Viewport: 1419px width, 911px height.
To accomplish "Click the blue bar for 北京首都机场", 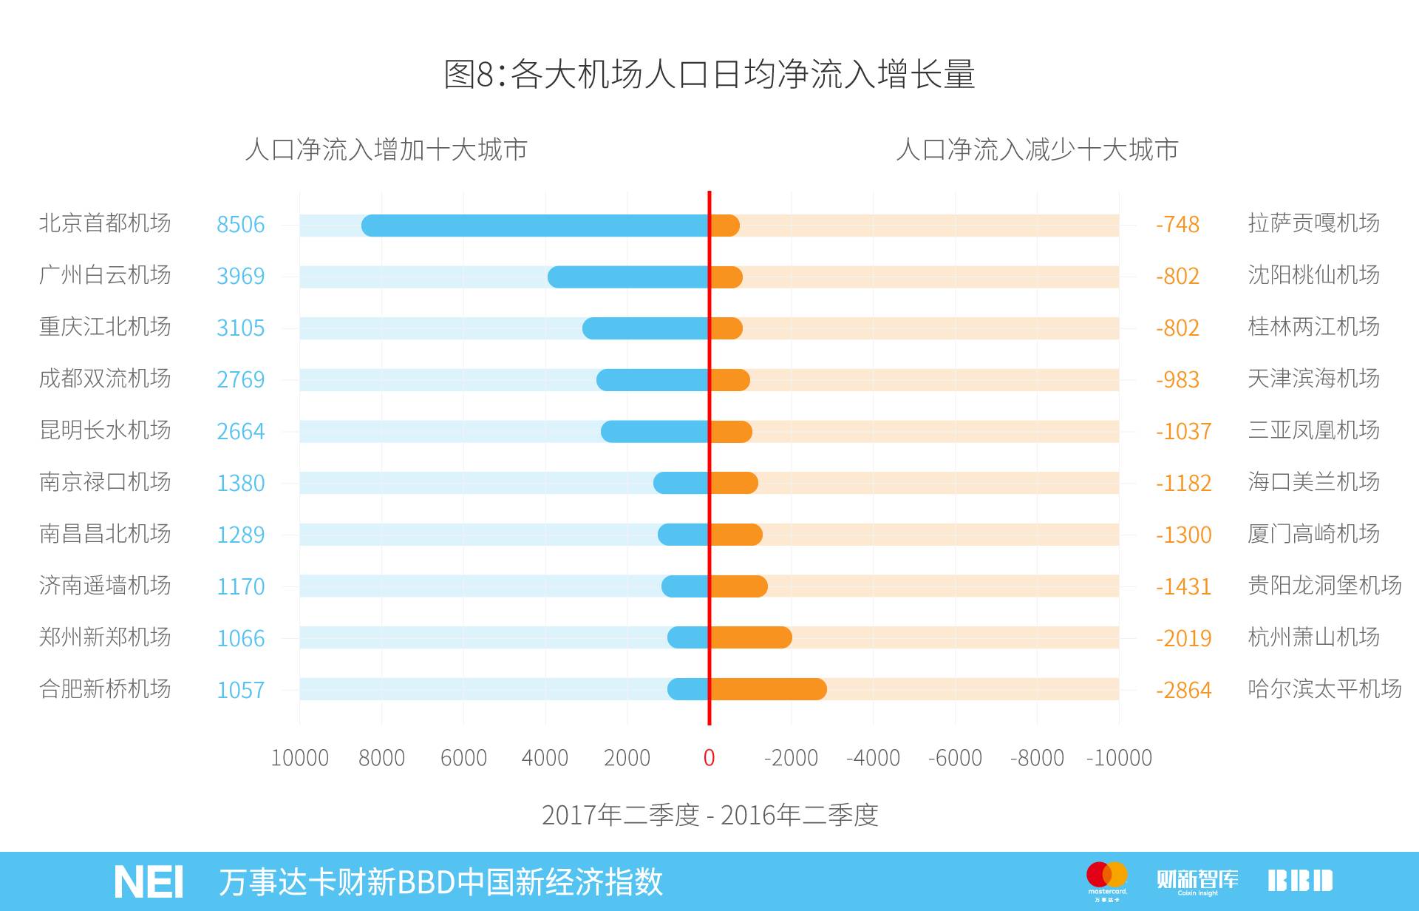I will click(535, 226).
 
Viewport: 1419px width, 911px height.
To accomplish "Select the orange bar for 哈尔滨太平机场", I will click(767, 689).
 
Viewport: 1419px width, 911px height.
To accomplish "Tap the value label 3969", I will click(240, 276).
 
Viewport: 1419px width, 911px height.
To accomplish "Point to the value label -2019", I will click(1183, 638).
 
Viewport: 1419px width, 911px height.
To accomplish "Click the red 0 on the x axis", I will click(709, 758).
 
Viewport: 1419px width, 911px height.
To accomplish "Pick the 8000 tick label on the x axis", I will click(381, 758).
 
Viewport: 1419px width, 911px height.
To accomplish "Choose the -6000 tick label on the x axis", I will click(955, 758).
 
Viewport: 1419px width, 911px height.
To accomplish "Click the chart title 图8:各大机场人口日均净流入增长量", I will click(709, 74).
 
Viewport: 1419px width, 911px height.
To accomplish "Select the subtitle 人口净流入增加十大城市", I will click(386, 149).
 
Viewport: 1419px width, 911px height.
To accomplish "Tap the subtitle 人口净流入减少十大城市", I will click(1036, 149).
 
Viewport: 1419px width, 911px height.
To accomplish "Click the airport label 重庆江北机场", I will click(105, 327).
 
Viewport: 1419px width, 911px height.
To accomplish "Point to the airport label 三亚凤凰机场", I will click(1313, 430).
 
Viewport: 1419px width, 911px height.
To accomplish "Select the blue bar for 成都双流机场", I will click(653, 380).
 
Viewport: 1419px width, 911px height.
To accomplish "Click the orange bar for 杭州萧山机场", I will click(750, 637).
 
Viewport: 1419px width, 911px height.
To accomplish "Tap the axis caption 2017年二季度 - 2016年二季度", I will click(709, 815).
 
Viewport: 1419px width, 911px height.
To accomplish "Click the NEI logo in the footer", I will click(149, 881).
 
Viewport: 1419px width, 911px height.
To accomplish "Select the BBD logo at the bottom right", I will click(1300, 880).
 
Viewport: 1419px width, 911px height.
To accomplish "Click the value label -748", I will click(1177, 224).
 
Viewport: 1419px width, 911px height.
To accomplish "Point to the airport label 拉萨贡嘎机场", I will click(1313, 223).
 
